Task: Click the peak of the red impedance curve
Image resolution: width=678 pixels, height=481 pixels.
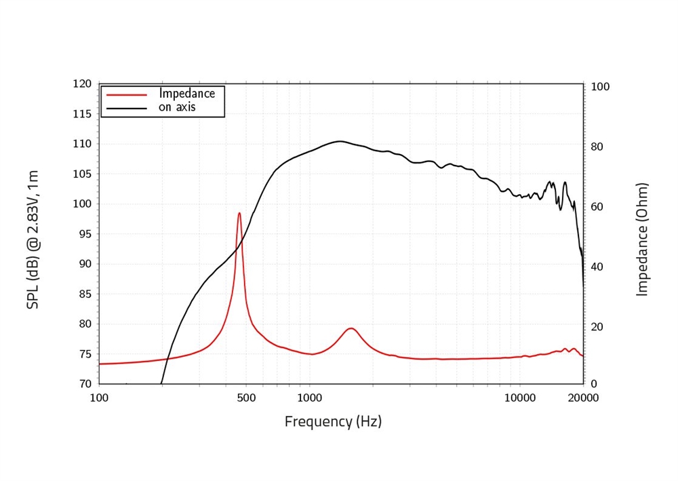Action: point(239,213)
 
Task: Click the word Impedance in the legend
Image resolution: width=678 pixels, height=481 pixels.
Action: point(186,94)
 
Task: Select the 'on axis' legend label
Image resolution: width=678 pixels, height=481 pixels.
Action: point(177,107)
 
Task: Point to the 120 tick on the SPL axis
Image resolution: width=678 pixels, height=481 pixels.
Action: point(81,84)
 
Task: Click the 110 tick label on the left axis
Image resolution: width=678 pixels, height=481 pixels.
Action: point(81,144)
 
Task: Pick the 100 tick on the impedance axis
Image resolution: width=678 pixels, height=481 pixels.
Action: point(601,87)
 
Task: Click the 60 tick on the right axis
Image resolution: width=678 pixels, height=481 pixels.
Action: point(598,207)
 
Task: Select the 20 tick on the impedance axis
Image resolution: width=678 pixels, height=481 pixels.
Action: point(598,327)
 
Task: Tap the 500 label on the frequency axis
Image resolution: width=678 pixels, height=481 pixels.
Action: point(246,398)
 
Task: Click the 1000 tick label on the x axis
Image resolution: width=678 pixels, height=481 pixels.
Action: point(309,398)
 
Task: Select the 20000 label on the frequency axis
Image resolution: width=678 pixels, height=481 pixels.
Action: point(583,398)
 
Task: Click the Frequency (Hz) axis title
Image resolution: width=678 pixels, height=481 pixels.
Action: point(333,421)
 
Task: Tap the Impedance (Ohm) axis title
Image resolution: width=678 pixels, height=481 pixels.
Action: point(642,239)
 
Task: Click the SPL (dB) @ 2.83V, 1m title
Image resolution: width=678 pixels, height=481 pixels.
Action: point(33,239)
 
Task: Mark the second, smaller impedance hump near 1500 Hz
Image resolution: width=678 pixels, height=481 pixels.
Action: point(351,328)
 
